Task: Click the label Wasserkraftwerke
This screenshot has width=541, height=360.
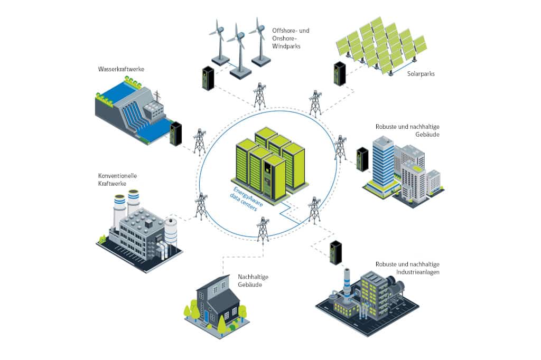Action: tap(121, 69)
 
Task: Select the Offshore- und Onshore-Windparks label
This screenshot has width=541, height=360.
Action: tap(290, 39)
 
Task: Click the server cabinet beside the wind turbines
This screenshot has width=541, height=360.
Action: tap(208, 78)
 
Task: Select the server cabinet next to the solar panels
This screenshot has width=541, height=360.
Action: tap(339, 73)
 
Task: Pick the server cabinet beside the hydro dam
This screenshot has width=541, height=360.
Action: tap(175, 134)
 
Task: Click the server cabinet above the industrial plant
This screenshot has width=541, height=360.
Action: tap(335, 252)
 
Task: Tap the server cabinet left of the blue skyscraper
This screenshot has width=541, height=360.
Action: tap(362, 159)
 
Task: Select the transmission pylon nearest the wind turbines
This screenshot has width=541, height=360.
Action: tap(259, 95)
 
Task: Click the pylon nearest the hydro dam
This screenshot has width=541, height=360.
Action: tap(199, 141)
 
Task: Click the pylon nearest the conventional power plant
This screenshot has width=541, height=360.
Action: tap(201, 206)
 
